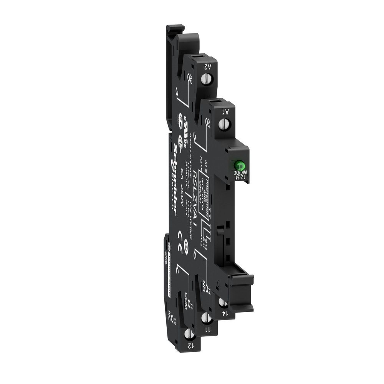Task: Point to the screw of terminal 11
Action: click(205, 318)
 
